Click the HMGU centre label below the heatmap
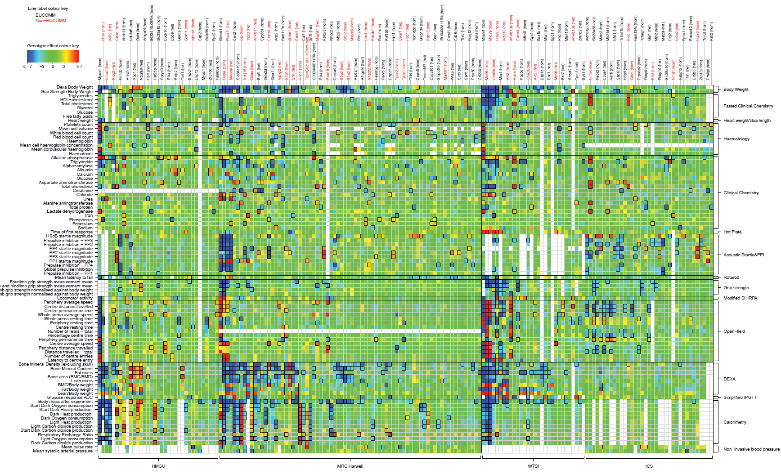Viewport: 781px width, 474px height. (158, 466)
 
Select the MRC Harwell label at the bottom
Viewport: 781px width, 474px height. (350, 466)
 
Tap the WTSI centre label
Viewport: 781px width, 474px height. (533, 466)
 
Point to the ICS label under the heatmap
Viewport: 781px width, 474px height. (649, 466)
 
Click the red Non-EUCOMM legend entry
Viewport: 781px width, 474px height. (51, 21)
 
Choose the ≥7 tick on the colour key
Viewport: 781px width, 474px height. (79, 66)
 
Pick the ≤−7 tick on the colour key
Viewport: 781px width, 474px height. (27, 66)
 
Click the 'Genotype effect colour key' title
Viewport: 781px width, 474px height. (53, 46)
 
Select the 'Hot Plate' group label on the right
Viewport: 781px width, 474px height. (732, 232)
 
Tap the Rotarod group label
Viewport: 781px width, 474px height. (731, 277)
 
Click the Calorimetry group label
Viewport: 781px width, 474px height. (735, 422)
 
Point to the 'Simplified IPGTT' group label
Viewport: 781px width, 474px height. (740, 398)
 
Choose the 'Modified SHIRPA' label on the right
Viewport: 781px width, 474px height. (740, 298)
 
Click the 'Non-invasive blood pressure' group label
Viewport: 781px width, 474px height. (751, 449)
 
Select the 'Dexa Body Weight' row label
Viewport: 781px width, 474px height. (75, 87)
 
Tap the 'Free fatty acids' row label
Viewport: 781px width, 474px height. (77, 116)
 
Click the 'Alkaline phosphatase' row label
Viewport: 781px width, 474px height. (72, 158)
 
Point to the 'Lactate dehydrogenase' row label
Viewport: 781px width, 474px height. (70, 211)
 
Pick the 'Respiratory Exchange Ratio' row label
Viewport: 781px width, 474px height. (65, 435)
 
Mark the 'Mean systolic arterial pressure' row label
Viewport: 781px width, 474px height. (63, 451)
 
